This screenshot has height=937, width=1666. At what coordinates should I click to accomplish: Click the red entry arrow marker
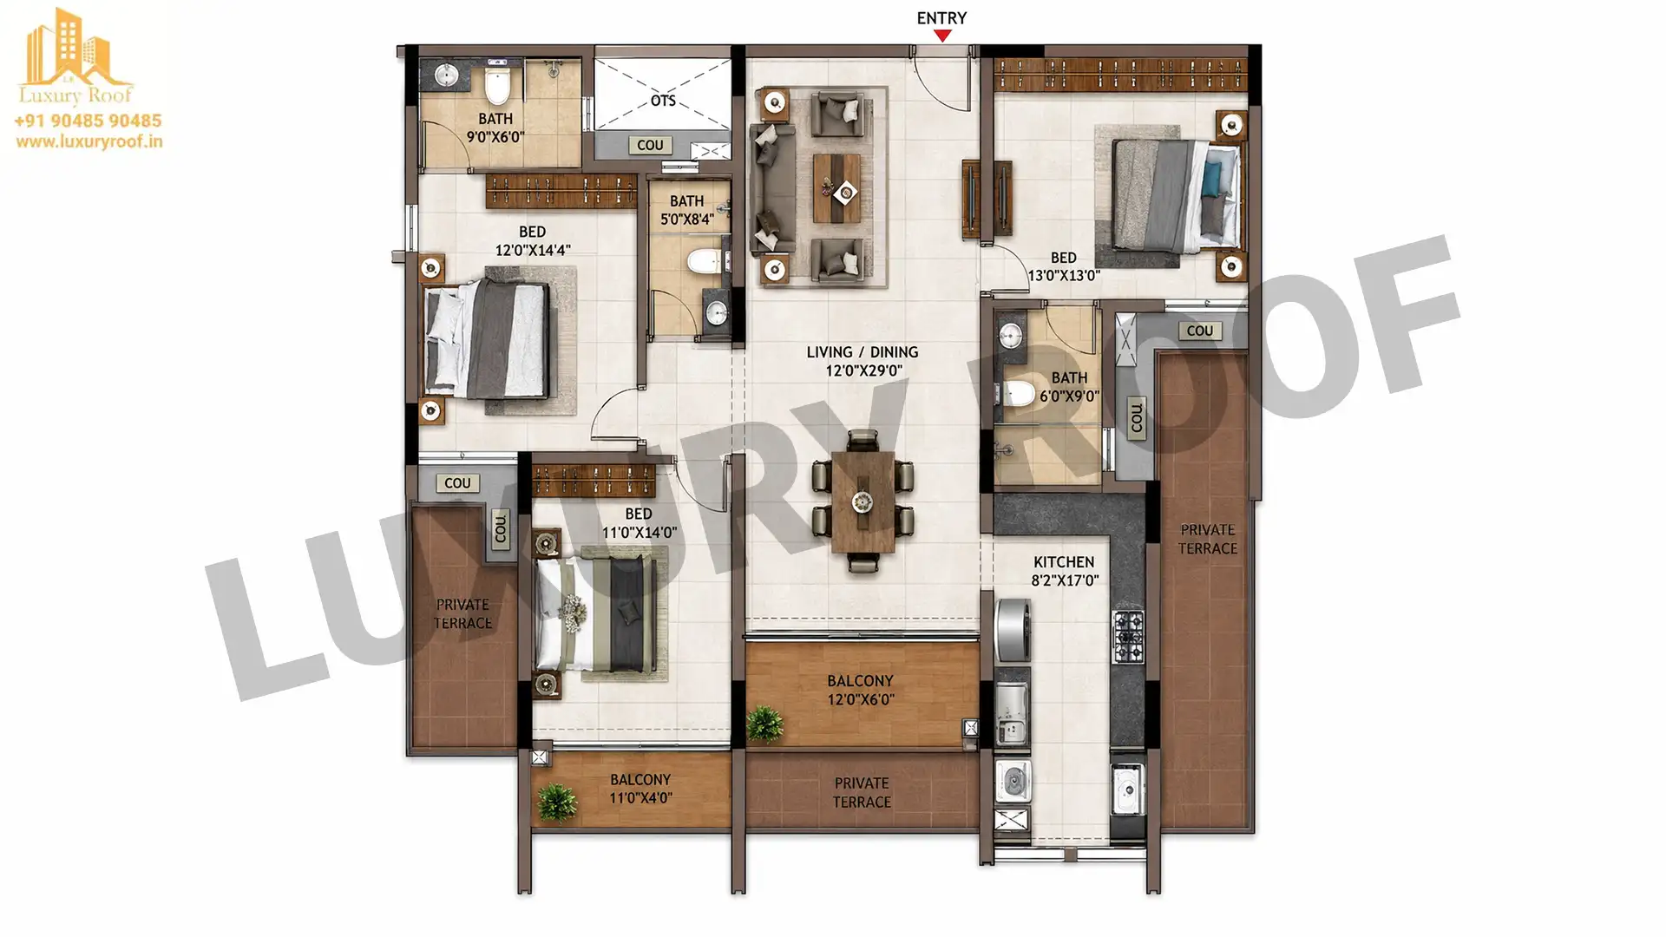[x=942, y=36]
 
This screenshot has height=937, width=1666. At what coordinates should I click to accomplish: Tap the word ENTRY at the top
[x=941, y=17]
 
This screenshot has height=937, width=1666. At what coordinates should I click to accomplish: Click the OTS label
[x=663, y=101]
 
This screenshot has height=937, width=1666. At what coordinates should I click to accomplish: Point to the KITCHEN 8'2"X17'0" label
[x=1065, y=571]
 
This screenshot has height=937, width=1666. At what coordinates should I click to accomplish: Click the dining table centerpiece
[x=862, y=501]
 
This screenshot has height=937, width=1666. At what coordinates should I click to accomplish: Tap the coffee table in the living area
[x=837, y=188]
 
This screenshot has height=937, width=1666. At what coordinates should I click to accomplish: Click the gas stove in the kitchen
[x=1128, y=636]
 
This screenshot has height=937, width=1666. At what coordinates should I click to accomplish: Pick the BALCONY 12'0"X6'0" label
[x=860, y=690]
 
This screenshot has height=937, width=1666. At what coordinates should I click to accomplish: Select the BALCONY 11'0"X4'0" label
[x=640, y=789]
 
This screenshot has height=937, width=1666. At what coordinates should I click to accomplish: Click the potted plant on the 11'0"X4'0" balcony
[x=556, y=802]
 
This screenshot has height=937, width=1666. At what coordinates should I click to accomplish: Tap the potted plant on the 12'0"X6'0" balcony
[x=764, y=723]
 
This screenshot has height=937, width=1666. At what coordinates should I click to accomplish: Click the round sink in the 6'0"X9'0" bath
[x=1010, y=336]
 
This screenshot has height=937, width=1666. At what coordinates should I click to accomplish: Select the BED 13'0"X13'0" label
[x=1064, y=266]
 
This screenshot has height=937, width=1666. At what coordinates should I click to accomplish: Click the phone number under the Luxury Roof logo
[x=88, y=121]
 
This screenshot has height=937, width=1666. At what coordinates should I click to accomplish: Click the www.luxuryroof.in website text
[x=89, y=141]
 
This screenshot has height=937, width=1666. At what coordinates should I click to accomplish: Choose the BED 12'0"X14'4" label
[x=532, y=240]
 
